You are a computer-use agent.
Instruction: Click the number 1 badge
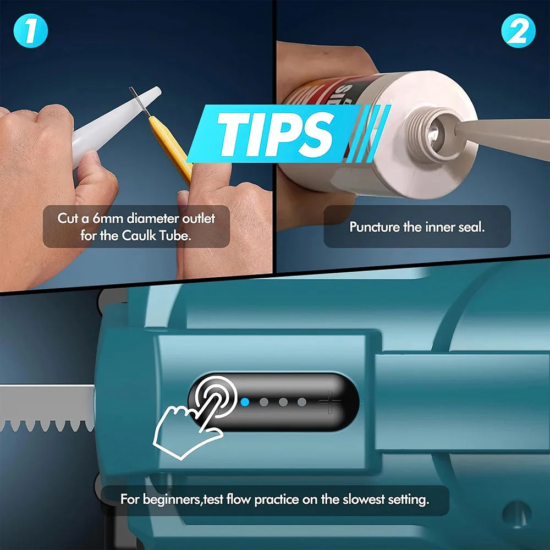pos(31,32)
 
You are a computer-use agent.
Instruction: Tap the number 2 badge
pos(518,32)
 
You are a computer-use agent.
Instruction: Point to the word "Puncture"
pos(375,227)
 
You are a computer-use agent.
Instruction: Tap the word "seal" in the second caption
pos(471,227)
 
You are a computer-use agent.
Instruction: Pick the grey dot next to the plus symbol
pos(302,402)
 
